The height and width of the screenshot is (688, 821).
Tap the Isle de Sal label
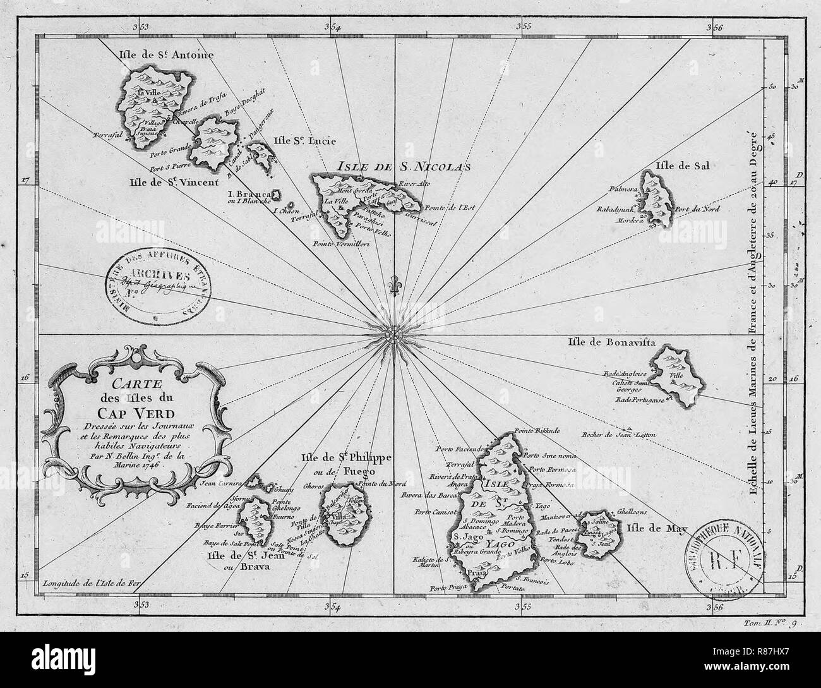(x=684, y=166)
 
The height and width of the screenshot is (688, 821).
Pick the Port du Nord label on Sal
(x=697, y=208)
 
